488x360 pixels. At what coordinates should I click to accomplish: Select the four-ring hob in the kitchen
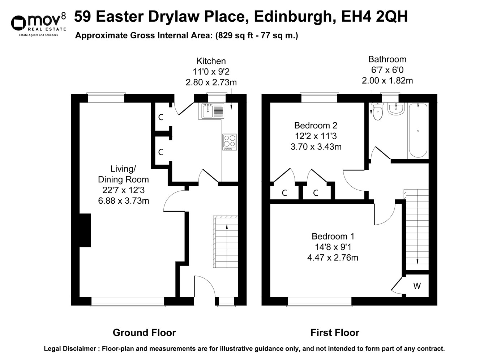230,142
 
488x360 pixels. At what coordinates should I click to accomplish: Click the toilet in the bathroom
377,111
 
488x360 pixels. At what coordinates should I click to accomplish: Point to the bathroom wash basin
396,109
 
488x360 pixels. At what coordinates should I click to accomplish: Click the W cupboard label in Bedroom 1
417,286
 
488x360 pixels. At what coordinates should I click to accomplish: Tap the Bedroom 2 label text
316,126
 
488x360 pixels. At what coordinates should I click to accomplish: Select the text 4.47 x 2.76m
332,258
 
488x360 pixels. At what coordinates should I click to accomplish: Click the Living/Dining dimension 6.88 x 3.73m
123,200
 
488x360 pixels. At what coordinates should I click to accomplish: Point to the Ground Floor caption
144,333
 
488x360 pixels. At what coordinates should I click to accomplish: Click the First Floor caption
335,333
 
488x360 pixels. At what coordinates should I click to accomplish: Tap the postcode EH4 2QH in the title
374,17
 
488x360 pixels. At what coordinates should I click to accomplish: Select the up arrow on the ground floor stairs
227,227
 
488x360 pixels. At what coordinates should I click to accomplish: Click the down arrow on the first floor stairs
418,261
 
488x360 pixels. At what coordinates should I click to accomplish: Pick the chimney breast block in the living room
85,230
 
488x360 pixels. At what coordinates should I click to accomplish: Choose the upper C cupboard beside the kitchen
161,117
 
